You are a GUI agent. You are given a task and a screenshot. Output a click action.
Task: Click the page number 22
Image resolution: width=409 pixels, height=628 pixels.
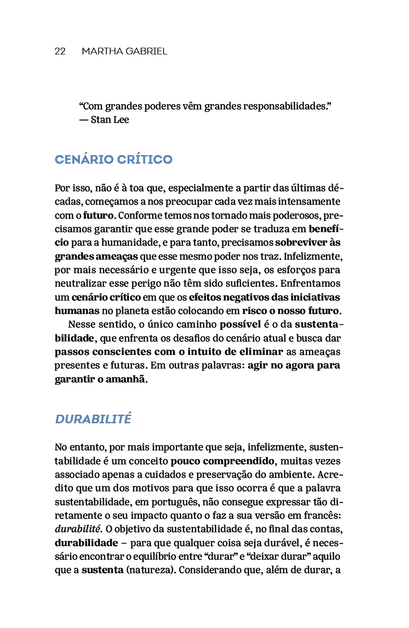point(60,52)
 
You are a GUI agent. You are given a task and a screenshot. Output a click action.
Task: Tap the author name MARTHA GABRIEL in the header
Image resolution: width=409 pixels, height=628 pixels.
point(124,52)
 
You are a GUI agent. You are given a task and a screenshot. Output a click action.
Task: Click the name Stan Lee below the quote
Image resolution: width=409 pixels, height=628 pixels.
point(110,120)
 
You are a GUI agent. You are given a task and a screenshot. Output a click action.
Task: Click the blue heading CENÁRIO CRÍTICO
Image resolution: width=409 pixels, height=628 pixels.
point(114,160)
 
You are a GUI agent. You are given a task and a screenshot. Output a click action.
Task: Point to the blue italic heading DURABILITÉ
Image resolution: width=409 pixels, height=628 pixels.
point(93,419)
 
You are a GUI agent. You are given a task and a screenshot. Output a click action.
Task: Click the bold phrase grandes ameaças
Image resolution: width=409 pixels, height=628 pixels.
point(96,256)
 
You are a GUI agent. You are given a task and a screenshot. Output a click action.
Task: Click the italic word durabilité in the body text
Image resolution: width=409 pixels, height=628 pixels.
point(77,529)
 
